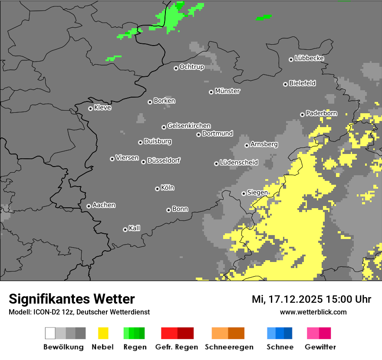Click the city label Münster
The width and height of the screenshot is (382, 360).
click(227, 91)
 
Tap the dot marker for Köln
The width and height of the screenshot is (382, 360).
click(157, 189)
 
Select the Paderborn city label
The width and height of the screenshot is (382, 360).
click(321, 113)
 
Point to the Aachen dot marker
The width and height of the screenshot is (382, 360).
click(89, 206)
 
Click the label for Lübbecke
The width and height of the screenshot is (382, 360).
click(309, 58)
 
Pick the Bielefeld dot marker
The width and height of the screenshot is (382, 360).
click(285, 84)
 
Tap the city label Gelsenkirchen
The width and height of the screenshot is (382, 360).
click(189, 126)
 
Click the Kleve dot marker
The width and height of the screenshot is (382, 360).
click(90, 108)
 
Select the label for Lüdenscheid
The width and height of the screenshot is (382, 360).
click(239, 163)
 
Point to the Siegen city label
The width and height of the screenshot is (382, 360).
click(257, 193)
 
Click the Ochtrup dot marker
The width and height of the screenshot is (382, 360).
click(176, 68)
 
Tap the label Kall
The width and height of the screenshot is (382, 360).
click(135, 228)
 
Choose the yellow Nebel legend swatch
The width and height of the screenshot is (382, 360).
click(103, 333)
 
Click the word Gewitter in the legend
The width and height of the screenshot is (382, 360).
click(320, 347)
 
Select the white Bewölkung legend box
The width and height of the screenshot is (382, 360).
click(50, 333)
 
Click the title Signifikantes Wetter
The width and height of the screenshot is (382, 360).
click(72, 299)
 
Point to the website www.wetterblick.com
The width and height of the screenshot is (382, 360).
click(313, 312)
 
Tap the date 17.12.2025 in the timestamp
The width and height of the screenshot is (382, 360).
click(293, 299)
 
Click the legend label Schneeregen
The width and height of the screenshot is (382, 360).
click(228, 347)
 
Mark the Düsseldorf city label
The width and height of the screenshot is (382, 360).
click(164, 160)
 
